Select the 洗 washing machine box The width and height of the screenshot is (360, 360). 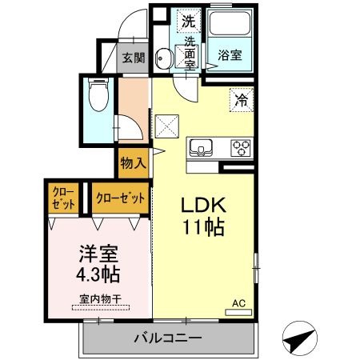click(x=187, y=20)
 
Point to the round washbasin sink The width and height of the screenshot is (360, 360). click(x=163, y=58)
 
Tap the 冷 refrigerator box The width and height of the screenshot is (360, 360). click(x=239, y=100)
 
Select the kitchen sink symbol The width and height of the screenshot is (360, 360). click(x=200, y=146)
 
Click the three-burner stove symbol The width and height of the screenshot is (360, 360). click(x=240, y=147)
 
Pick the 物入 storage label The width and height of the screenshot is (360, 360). click(x=133, y=164)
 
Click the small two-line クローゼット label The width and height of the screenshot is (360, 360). click(x=64, y=198)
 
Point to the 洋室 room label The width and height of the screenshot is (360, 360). click(x=98, y=255)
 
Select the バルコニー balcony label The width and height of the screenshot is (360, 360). click(x=167, y=338)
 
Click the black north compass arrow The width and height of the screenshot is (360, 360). click(x=298, y=341)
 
